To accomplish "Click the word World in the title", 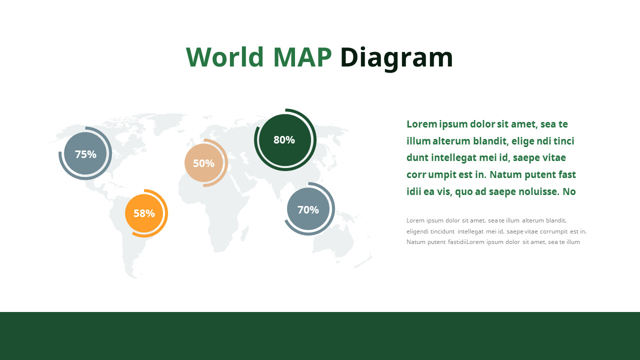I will pos(224,57).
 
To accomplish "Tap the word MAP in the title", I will pos(302,57).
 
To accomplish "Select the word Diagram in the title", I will pos(396,58).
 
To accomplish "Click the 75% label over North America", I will pos(85,154).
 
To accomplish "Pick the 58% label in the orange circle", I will pos(144,213).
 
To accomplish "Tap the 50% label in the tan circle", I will pos(203,163).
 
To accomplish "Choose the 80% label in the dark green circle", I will pos(284,140).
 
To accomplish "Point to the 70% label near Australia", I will pos(308,210).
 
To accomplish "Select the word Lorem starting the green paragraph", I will pos(421,124).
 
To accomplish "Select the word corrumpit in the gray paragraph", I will pos(553,231).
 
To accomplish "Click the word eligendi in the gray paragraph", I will pos(418,231).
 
